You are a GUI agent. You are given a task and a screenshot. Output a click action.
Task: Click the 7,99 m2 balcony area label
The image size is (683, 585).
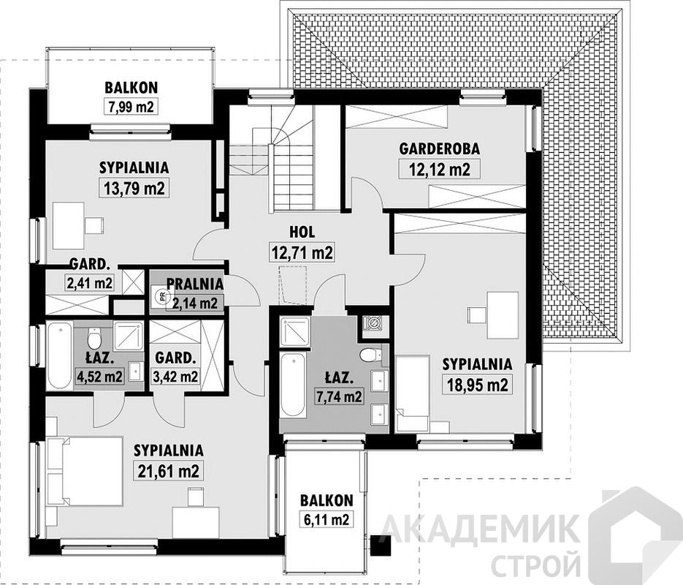pyautogui.click(x=130, y=106)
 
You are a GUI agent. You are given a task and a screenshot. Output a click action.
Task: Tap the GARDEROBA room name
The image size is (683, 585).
pyautogui.click(x=440, y=148)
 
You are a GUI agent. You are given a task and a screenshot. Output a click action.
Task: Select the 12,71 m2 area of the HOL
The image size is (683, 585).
pyautogui.click(x=302, y=252)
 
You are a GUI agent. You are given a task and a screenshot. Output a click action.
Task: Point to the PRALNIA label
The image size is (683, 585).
pyautogui.click(x=195, y=284)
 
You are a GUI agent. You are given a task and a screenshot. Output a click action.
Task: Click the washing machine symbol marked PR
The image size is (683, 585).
pyautogui.click(x=159, y=297)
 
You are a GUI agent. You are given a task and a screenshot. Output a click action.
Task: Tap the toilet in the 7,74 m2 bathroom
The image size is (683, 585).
pyautogui.click(x=370, y=355)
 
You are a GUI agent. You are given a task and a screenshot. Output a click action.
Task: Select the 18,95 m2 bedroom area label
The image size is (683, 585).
pyautogui.click(x=476, y=385)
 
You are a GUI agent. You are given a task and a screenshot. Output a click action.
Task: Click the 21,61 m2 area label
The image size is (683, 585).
pyautogui.click(x=169, y=471)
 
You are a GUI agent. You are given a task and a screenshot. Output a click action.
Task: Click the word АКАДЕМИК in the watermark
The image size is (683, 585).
pyautogui.click(x=481, y=529)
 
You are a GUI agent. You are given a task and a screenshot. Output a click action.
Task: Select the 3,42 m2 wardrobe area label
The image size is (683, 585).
pyautogui.click(x=175, y=376)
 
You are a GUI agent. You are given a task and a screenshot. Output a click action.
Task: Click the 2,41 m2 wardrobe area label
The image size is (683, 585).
pyautogui.click(x=90, y=283)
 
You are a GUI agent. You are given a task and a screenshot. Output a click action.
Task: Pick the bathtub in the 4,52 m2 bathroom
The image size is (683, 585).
pyautogui.click(x=59, y=355)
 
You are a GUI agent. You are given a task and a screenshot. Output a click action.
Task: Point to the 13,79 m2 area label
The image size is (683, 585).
pyautogui.click(x=134, y=188)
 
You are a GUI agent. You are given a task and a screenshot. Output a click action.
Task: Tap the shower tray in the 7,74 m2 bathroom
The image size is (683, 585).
pyautogui.click(x=295, y=332)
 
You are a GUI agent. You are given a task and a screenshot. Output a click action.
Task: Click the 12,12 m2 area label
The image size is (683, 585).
pyautogui.click(x=440, y=169)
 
